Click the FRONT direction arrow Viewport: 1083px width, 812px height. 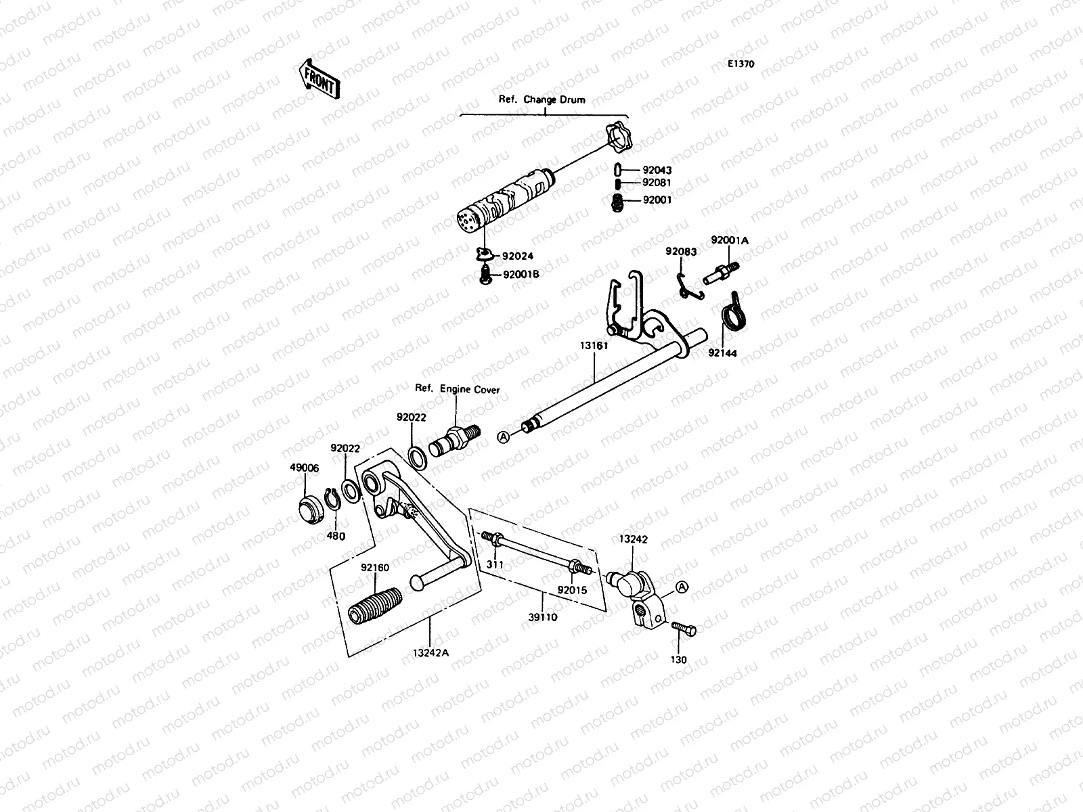pyautogui.click(x=319, y=78)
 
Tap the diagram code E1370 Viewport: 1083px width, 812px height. pyautogui.click(x=741, y=65)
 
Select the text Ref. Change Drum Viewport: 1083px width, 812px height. pyautogui.click(x=542, y=99)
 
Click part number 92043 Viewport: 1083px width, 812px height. pyautogui.click(x=657, y=171)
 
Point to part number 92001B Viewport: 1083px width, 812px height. pyautogui.click(x=521, y=275)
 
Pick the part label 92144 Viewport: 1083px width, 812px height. pyautogui.click(x=723, y=353)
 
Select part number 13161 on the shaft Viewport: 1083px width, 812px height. pyautogui.click(x=594, y=346)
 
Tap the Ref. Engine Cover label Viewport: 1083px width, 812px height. pyautogui.click(x=457, y=390)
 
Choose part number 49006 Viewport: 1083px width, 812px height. pyautogui.click(x=305, y=468)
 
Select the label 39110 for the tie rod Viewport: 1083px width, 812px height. pyautogui.click(x=543, y=617)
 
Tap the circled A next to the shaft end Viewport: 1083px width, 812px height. pyautogui.click(x=503, y=437)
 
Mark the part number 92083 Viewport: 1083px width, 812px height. pyautogui.click(x=680, y=251)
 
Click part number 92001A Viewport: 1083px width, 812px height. pyautogui.click(x=728, y=240)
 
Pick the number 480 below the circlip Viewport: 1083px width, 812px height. pyautogui.click(x=336, y=536)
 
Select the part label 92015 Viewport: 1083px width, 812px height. pyautogui.click(x=572, y=590)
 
